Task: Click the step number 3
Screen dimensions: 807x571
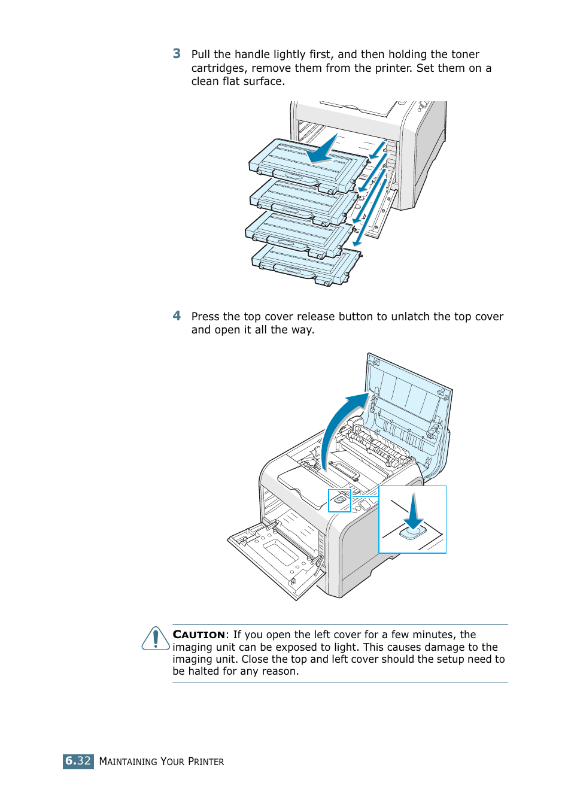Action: [177, 54]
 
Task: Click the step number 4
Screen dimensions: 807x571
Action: [177, 315]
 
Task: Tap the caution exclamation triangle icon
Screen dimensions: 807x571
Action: [156, 639]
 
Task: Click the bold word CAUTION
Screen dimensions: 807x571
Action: [199, 635]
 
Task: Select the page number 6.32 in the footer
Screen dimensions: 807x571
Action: [78, 761]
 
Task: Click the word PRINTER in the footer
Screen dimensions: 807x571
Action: [206, 762]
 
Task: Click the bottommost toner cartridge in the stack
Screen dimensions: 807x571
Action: [305, 263]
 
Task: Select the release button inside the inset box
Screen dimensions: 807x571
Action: [412, 531]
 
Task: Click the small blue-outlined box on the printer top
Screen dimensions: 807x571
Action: [339, 500]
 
